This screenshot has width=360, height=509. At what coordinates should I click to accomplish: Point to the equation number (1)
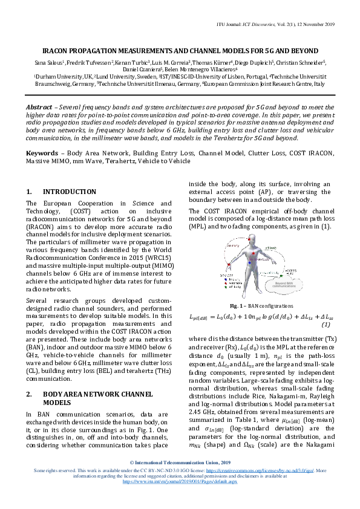pos(326,325)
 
